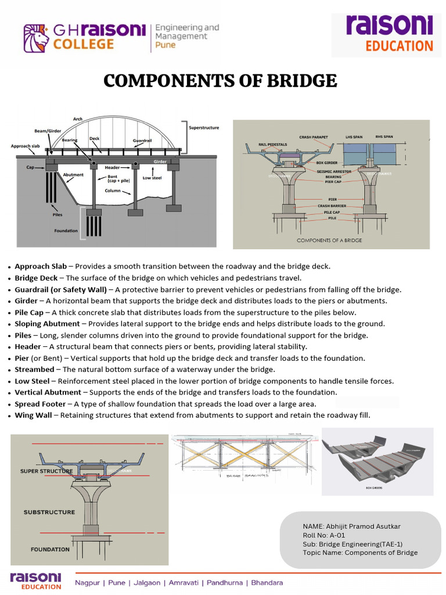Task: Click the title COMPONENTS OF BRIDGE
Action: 220,80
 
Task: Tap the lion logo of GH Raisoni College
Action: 36,38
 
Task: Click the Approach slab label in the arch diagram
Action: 25,146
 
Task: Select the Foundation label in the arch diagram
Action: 66,231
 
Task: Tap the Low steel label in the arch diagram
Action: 152,178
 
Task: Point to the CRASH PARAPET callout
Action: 314,137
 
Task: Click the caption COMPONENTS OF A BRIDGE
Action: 329,240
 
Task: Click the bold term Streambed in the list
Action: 34,370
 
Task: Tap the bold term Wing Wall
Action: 33,415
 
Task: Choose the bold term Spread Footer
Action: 40,404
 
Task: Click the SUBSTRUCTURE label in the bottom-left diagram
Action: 49,512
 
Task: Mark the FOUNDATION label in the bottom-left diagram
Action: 50,549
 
